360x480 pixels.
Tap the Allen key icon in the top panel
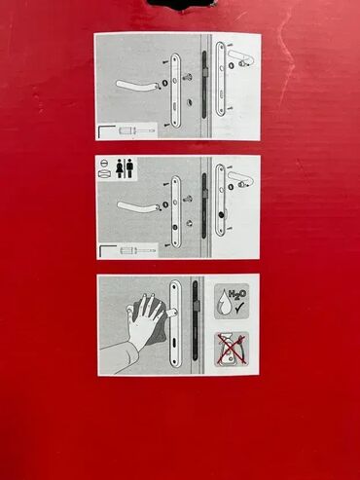pos(105,130)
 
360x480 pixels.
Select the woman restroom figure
pos(119,168)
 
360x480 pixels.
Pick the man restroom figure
pos(129,168)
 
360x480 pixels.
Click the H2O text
pos(237,295)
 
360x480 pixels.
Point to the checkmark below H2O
pos(241,307)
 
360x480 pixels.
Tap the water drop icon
pos(224,303)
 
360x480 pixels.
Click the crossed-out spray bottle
pos(232,350)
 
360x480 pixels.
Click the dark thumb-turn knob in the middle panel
pos(221,214)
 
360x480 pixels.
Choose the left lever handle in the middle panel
pos(138,207)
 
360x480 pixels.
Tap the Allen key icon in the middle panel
pos(106,250)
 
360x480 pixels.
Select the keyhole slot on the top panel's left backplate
pos(175,106)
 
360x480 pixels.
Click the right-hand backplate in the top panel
pos(220,79)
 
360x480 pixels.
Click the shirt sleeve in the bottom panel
pos(120,359)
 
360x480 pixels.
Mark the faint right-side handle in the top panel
pos(240,57)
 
